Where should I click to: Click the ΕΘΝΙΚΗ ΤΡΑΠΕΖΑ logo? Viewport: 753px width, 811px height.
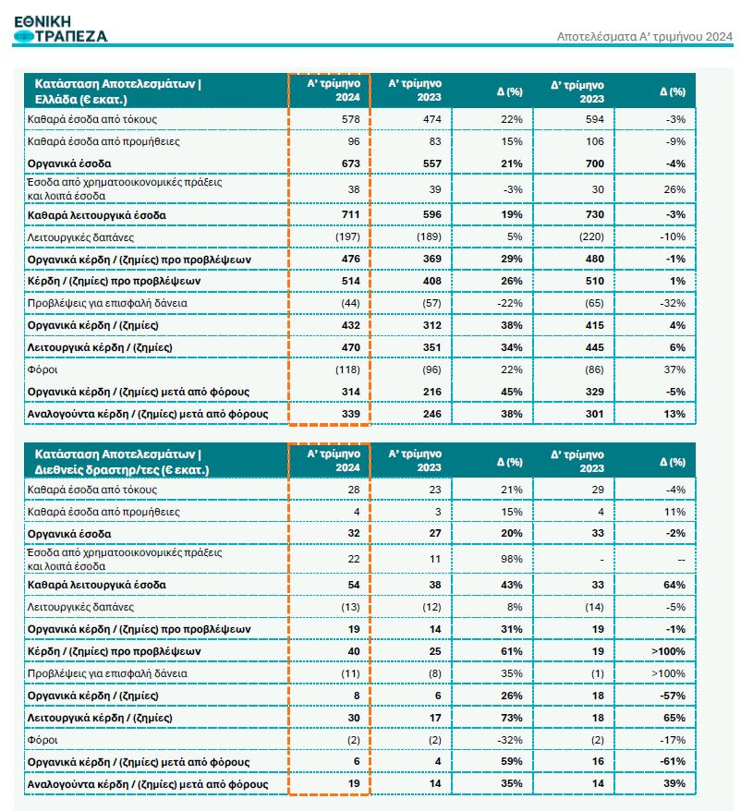[61, 29]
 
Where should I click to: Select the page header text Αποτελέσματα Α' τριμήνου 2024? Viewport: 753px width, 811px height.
[646, 37]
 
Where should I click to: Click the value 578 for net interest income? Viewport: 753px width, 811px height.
[350, 119]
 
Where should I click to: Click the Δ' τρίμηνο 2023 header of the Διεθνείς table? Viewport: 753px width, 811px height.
[578, 461]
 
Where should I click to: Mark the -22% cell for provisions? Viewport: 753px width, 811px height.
[508, 303]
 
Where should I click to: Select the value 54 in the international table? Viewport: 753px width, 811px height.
[354, 585]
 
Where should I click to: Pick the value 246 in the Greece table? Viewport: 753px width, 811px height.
[431, 414]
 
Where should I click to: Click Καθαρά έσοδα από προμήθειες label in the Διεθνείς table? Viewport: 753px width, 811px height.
[102, 512]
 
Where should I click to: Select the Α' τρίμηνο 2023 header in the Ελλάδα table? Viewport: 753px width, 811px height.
[415, 91]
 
